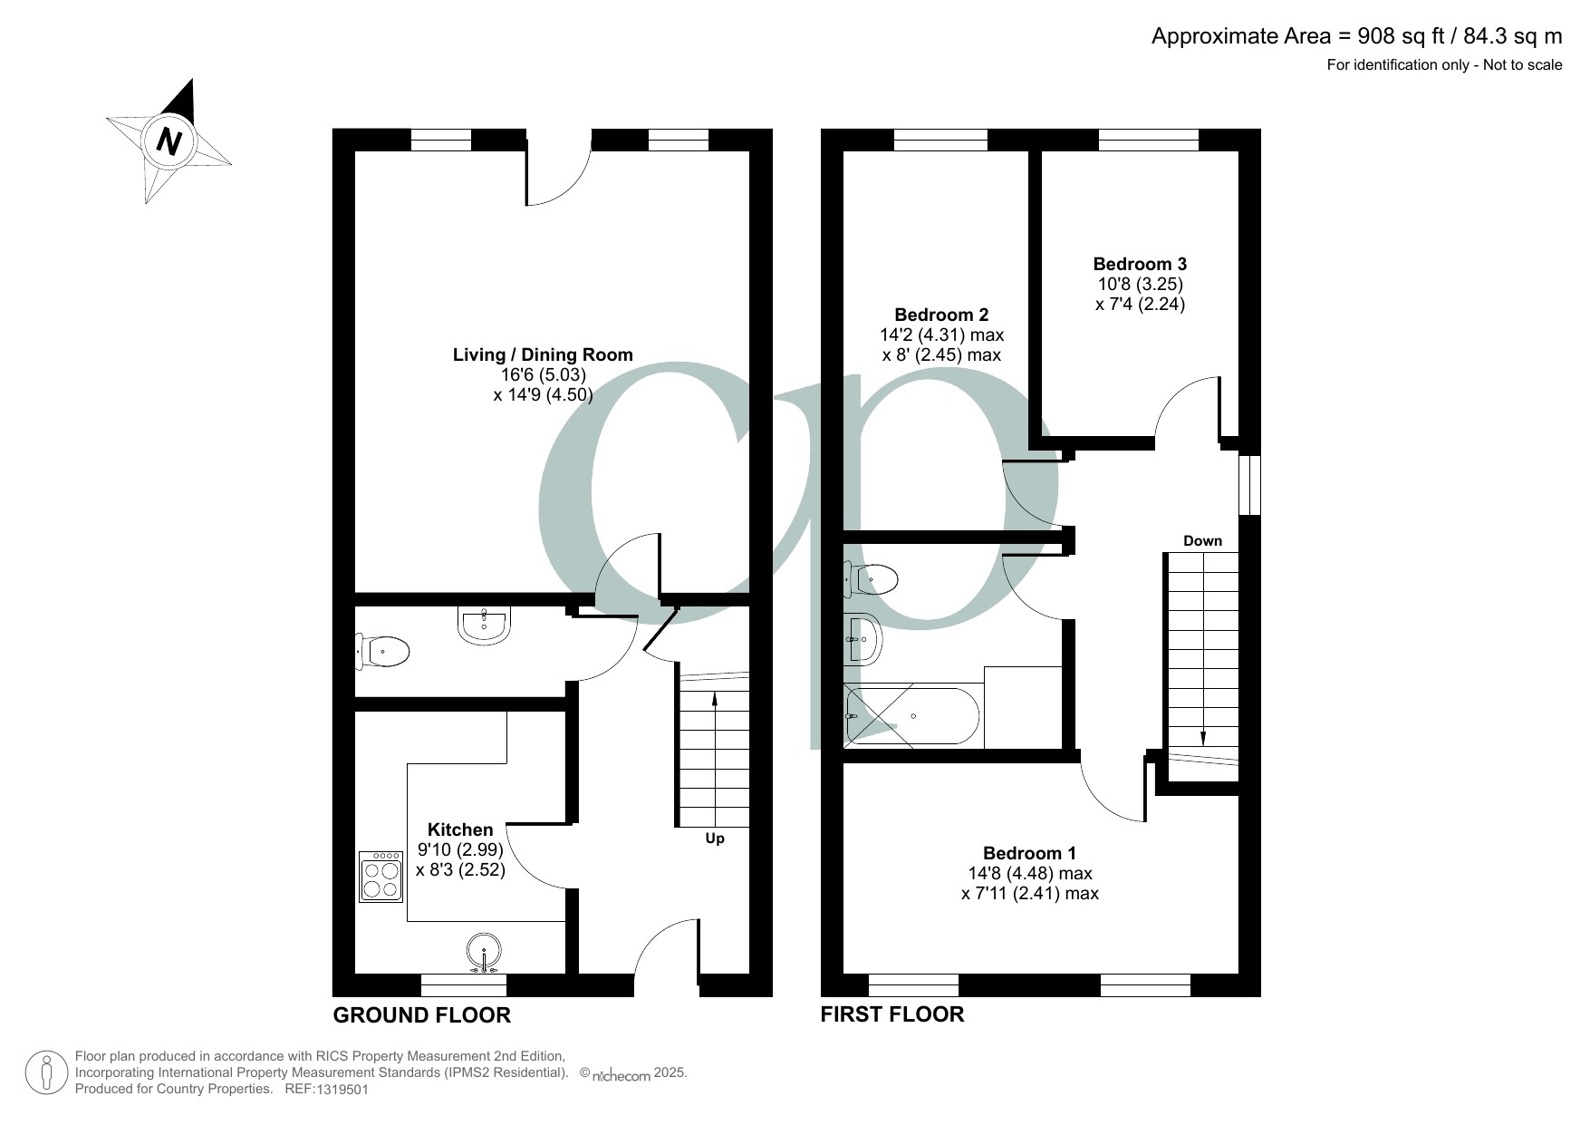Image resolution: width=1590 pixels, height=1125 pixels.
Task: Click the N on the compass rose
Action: [x=169, y=141]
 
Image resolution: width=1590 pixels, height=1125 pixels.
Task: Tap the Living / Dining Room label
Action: [x=543, y=354]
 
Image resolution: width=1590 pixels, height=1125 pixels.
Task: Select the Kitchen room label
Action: [x=460, y=829]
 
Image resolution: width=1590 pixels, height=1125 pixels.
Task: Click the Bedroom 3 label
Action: [x=1140, y=264]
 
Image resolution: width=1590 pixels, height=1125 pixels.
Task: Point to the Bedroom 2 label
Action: [x=941, y=315]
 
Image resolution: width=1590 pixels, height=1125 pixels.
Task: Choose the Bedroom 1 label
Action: [x=1030, y=853]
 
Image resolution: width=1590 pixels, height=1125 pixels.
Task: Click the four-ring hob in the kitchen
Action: [x=381, y=877]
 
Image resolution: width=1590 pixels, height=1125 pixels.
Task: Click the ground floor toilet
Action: [x=383, y=651]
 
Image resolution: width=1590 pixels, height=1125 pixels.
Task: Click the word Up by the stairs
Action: [x=715, y=839]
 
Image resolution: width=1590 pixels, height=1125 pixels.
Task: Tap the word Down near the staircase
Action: [x=1202, y=541]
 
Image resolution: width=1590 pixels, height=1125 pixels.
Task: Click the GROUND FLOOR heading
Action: [x=422, y=1015]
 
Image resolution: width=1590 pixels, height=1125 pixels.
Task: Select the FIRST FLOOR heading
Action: [x=892, y=1013]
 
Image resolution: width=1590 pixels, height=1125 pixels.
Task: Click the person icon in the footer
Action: [x=47, y=1072]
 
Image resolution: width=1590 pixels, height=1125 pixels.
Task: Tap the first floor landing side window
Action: [x=1249, y=485]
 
